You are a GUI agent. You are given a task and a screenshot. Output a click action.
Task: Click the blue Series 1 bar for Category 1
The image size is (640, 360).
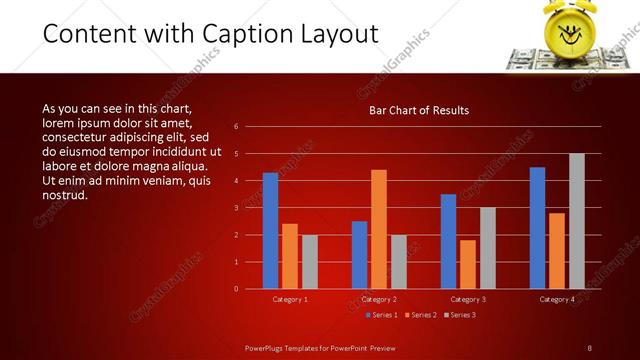[270, 231]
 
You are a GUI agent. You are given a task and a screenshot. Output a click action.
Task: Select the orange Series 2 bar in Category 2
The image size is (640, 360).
[379, 229]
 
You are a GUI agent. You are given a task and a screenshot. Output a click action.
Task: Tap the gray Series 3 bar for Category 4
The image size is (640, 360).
[577, 221]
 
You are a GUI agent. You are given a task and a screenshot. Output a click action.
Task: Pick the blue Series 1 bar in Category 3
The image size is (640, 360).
[448, 241]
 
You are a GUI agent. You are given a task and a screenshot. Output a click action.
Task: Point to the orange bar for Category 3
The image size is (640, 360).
[468, 264]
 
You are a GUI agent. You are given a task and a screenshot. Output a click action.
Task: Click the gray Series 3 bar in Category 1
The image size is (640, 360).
[310, 262]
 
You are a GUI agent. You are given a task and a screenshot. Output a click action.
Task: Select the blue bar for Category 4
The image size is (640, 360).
[537, 228]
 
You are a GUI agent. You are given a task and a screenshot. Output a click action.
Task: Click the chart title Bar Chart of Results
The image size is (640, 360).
[419, 110]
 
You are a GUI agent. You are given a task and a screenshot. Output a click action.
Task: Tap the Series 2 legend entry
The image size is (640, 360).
[421, 315]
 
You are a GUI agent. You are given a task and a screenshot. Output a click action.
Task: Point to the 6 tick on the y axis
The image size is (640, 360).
[236, 127]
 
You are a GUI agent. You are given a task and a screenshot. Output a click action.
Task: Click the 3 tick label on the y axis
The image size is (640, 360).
[236, 208]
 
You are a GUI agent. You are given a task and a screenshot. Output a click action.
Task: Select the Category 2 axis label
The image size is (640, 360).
[379, 299]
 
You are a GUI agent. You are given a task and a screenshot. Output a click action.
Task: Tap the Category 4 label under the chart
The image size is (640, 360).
[557, 299]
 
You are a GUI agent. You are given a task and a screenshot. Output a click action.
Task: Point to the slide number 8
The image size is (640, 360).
[589, 347]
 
